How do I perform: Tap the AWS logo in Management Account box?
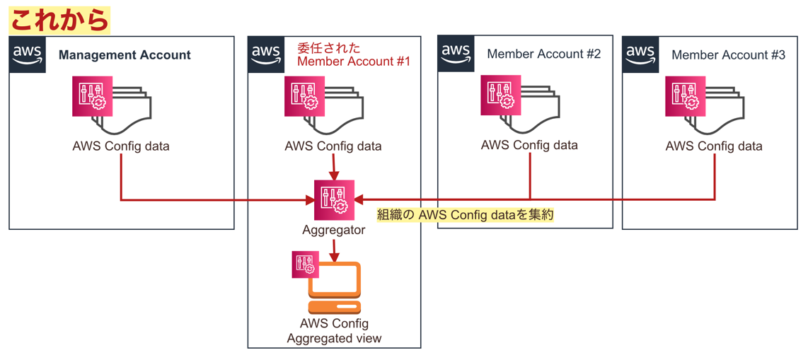27,54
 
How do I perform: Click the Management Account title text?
125,55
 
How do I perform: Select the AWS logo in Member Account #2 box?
456,53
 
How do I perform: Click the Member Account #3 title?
728,55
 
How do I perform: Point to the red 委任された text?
328,48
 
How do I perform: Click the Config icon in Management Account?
93,96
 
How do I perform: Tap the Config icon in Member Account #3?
686,96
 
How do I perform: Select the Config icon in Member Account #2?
501,95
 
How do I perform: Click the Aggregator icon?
334,200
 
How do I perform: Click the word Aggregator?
334,230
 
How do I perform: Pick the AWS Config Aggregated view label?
334,331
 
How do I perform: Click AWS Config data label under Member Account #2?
529,145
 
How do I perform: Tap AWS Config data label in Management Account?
121,146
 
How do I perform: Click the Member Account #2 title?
543,54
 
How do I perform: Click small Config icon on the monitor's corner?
306,264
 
